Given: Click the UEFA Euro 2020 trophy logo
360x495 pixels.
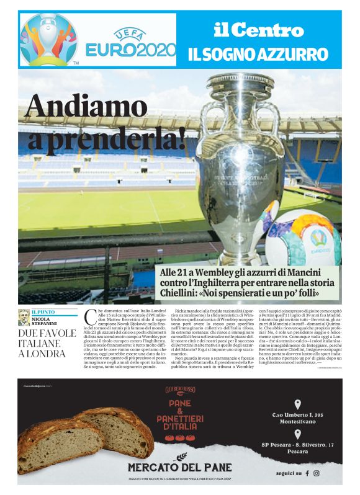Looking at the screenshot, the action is coord(48,39).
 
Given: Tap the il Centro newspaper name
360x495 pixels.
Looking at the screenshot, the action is coord(258,30).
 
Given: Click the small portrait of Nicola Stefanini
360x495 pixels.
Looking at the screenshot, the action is coord(24,317).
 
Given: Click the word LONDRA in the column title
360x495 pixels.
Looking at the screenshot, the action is coord(43,354).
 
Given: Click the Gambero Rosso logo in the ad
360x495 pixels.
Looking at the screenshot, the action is coord(180,389).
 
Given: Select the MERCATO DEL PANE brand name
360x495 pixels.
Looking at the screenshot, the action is coord(180,467).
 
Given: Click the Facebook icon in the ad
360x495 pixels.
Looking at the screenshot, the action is coord(306,473).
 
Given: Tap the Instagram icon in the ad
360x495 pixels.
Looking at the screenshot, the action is coord(316,473).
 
